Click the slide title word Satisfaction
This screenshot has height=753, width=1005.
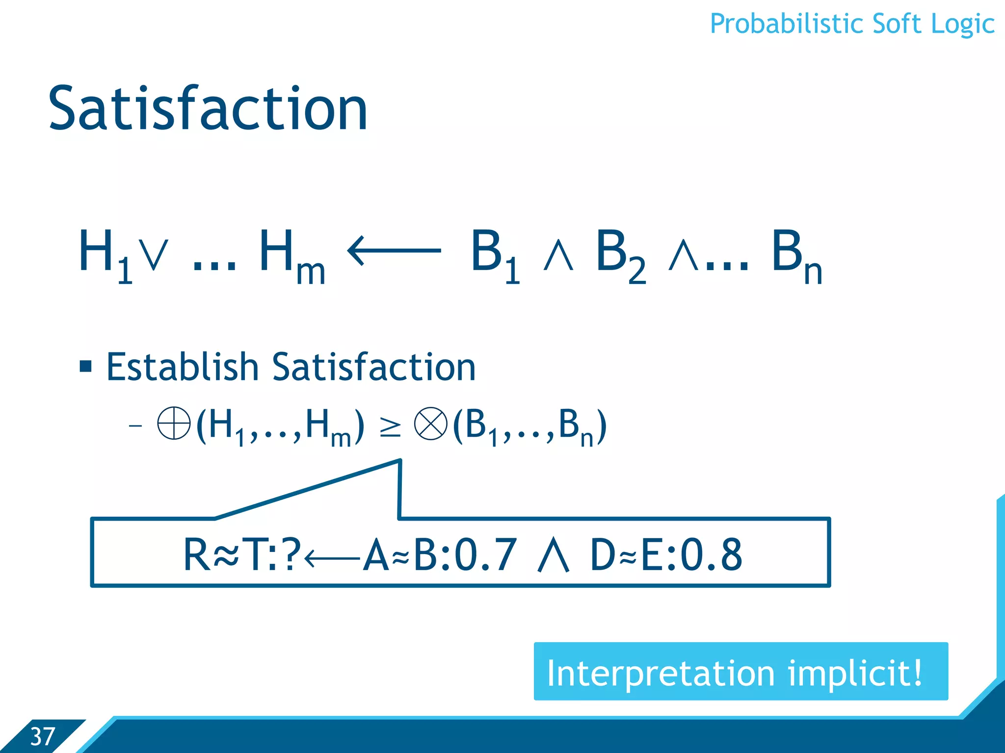208,109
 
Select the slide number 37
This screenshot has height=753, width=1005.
42,736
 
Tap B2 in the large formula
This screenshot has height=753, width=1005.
620,255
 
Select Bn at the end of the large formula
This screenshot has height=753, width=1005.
795,255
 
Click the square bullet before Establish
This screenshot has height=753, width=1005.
86,366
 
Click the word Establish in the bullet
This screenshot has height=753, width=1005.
182,367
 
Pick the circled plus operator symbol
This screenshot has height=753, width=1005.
174,423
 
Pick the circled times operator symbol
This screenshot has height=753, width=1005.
430,424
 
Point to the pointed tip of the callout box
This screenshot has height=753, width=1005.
400,461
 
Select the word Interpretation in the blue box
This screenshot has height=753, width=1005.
661,673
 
